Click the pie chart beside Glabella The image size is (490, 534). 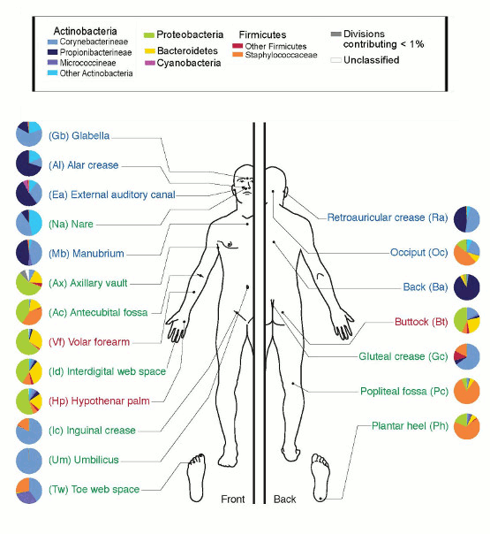pos(29,134)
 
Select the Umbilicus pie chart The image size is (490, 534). pos(29,461)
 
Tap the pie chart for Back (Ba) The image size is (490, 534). pos(467,287)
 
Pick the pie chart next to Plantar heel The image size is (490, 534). pos(467,426)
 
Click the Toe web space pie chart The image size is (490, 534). pos(29,491)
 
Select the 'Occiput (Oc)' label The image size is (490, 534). pos(419,252)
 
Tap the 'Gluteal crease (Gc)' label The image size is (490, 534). pos(403,356)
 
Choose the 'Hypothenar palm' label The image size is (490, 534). pos(99,401)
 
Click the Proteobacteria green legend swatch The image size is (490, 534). pos(149,35)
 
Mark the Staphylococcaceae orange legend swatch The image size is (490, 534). pos(237,55)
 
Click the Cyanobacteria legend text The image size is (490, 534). pos(189,63)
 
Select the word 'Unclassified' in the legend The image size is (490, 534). pos(372,60)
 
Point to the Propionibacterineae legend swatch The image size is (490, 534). pos(52,52)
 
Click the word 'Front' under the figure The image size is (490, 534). pos(232,499)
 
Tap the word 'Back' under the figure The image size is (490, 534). pos(284,500)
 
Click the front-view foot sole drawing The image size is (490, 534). pos(197,477)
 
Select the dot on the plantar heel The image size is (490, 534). pos(320,499)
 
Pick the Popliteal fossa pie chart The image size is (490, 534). pos(467,391)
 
